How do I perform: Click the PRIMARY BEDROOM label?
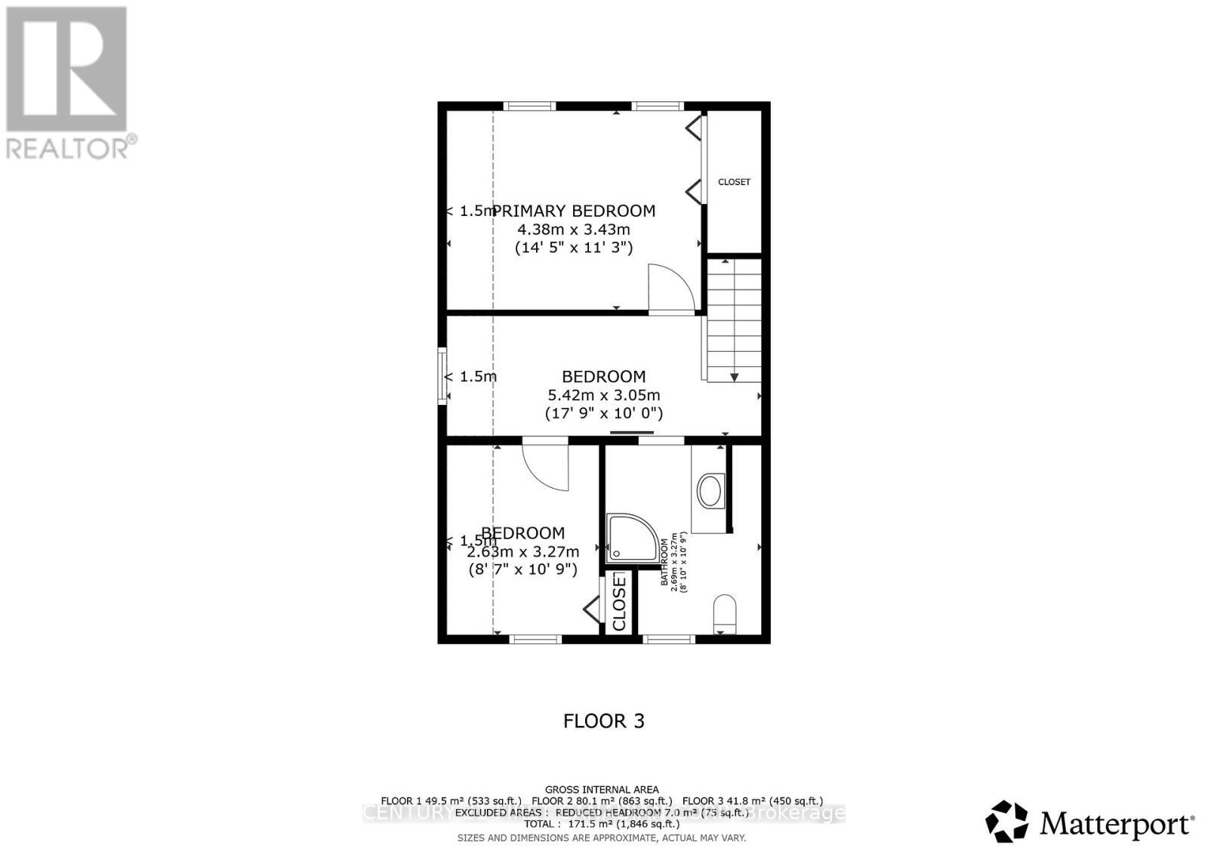[574, 211]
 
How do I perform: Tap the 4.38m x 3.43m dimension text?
[574, 229]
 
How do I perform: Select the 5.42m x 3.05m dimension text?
[604, 395]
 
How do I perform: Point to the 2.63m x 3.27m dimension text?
[523, 551]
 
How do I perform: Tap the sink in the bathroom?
[710, 491]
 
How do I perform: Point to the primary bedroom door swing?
[670, 289]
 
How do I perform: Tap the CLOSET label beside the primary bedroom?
[734, 182]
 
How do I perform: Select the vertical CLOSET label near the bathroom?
[619, 602]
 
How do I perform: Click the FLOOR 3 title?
[604, 721]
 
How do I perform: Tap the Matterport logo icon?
[1006, 822]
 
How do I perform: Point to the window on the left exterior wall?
[442, 375]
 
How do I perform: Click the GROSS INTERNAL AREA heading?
[602, 790]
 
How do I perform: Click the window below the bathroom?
[668, 640]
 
